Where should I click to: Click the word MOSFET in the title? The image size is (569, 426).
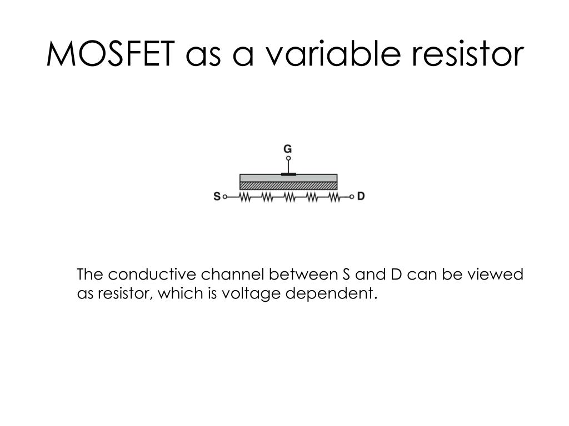[110, 54]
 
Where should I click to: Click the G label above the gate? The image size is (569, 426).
[288, 149]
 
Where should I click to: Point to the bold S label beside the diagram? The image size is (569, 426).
[217, 196]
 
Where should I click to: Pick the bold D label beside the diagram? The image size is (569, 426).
[361, 196]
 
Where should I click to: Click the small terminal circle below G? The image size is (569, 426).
[288, 159]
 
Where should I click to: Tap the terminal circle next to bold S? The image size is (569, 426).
[225, 196]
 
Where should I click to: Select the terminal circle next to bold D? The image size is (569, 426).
[352, 196]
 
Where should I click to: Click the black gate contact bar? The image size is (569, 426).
[288, 174]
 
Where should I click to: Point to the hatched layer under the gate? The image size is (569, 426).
[288, 186]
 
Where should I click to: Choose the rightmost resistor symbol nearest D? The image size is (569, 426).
[333, 197]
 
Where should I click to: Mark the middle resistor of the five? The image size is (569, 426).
[289, 197]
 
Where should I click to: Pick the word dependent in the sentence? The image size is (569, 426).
[331, 293]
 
